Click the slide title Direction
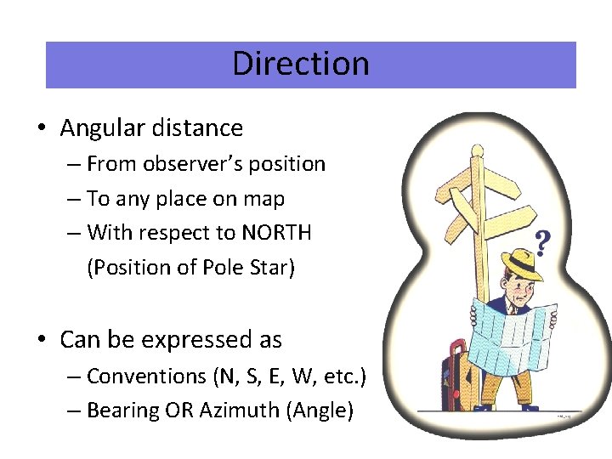300,64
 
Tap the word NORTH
276,232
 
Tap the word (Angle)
320,411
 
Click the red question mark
543,245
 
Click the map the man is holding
510,336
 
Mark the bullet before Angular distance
41,129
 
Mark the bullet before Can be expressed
41,341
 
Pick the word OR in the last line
180,411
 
